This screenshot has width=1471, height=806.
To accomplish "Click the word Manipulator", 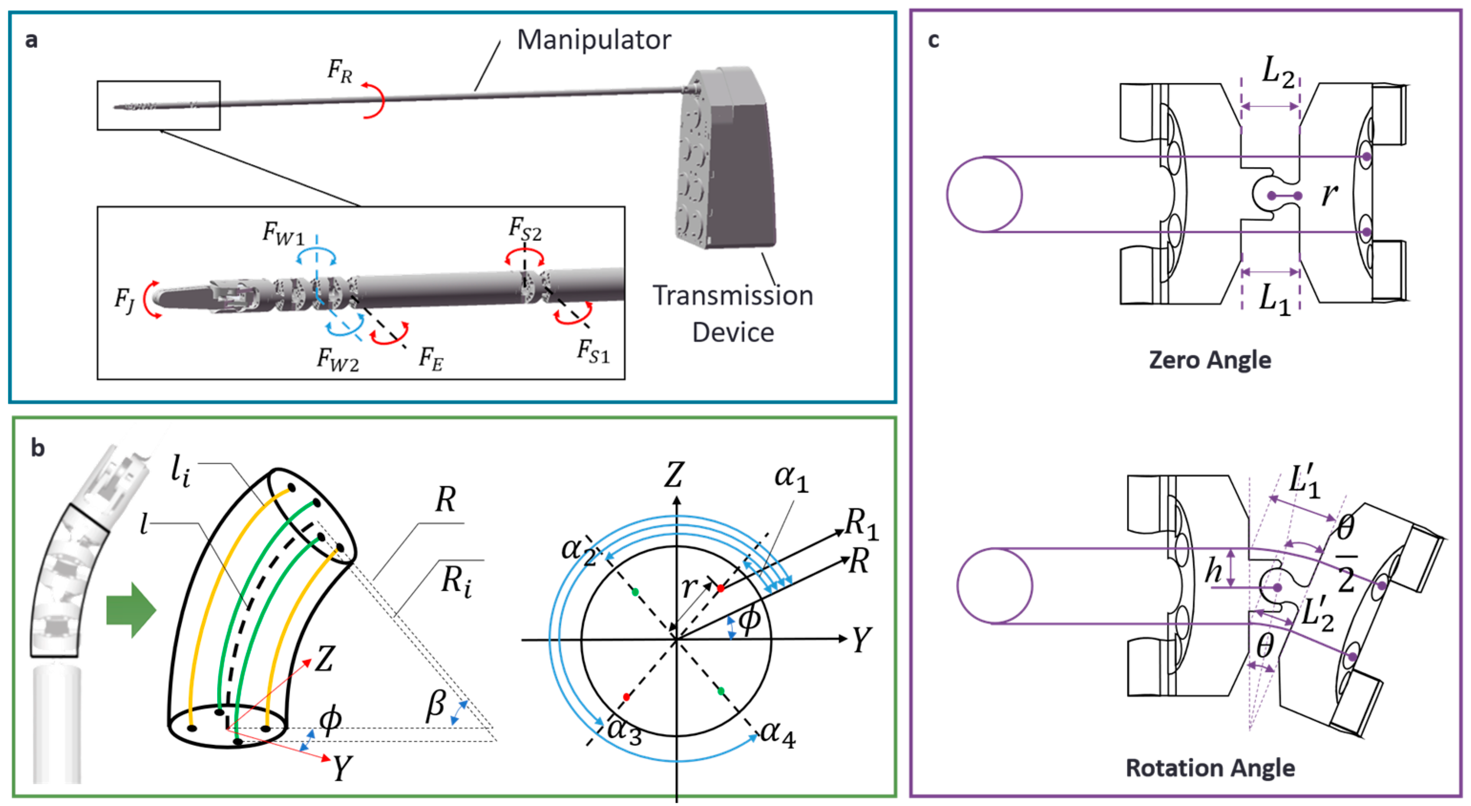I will tap(593, 40).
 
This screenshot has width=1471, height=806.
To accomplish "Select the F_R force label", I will tap(340, 72).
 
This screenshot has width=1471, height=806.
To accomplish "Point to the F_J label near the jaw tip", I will tap(124, 300).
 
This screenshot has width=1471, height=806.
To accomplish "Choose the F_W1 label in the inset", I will tap(283, 233).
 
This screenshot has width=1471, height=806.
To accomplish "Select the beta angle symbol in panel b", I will tap(435, 705).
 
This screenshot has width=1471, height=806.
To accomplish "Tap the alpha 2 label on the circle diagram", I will tap(578, 550).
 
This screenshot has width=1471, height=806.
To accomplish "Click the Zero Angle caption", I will tap(1210, 360).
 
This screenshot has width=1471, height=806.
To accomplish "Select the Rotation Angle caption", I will tap(1210, 768).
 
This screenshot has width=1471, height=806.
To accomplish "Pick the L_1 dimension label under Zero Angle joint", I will tap(1274, 299).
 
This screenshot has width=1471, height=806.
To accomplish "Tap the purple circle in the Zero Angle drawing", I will tap(984, 195).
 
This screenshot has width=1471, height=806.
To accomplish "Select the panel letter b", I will tap(38, 449).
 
